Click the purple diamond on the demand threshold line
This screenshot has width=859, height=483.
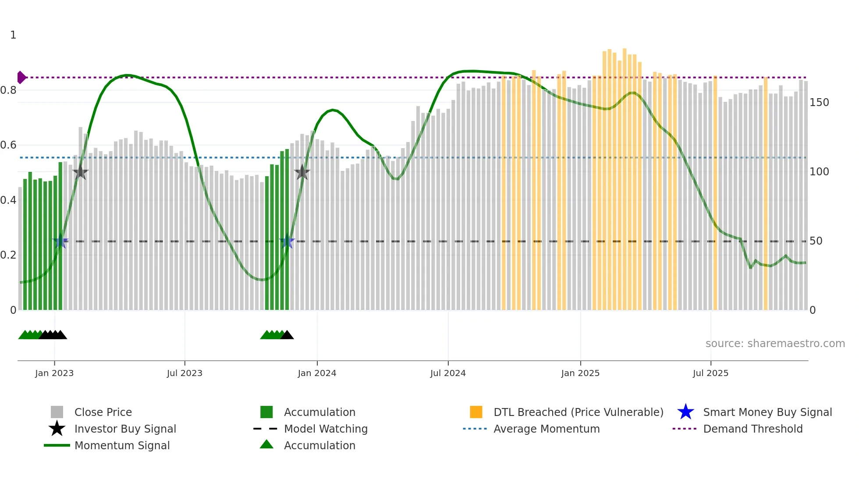coord(21,78)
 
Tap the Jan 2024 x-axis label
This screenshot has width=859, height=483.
coord(317,373)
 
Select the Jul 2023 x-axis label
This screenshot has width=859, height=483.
coord(185,373)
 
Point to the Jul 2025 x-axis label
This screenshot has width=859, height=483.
coord(710,373)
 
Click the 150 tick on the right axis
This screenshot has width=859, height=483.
coord(819,103)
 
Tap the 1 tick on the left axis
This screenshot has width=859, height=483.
coord(13,35)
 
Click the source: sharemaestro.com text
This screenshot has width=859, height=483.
coord(775,344)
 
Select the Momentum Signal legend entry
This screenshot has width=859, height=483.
coord(122,446)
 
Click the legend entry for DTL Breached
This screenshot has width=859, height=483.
coord(578,412)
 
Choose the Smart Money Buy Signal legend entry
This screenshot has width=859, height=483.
coord(767,412)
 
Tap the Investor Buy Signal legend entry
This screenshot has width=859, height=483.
coord(125,429)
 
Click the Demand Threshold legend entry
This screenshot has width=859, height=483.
coord(753,429)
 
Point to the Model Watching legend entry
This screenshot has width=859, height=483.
coord(326,429)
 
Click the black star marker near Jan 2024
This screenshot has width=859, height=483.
coord(302,173)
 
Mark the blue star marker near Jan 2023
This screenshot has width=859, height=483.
coord(60,241)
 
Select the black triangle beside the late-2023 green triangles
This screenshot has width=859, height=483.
coord(287,335)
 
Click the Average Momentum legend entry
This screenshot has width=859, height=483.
coord(546,429)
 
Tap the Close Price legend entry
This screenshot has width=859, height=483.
coord(103,412)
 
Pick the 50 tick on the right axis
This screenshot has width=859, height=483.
coord(816,241)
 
